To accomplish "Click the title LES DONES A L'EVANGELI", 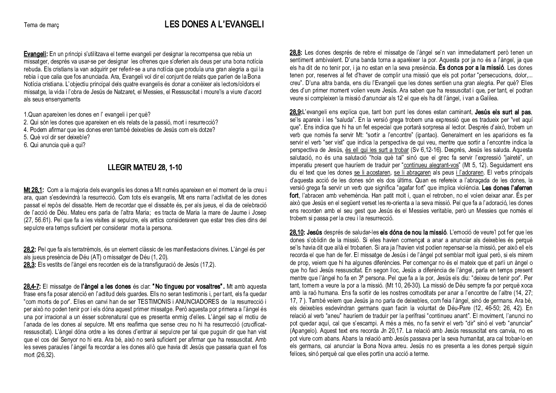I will [x=214, y=25].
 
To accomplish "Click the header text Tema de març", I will [x=41, y=25].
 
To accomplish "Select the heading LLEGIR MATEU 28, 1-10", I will [x=145, y=168].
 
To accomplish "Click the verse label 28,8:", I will [x=296, y=52].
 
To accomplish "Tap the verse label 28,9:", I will [x=296, y=111].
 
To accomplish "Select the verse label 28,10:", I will [x=297, y=233].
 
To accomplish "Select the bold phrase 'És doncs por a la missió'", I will [x=471, y=68].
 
